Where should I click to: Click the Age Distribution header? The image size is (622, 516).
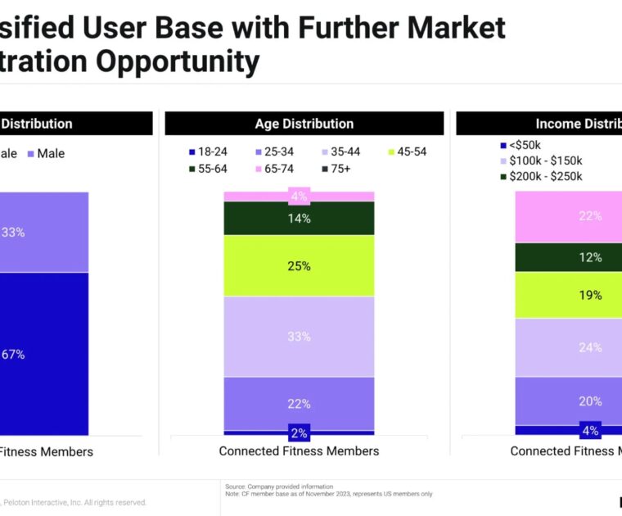pyautogui.click(x=304, y=124)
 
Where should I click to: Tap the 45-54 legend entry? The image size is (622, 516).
pyautogui.click(x=405, y=152)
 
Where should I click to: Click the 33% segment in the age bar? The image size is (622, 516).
pyautogui.click(x=299, y=336)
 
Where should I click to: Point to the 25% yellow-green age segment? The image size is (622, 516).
pyautogui.click(x=299, y=265)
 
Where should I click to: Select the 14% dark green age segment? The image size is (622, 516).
pyautogui.click(x=299, y=218)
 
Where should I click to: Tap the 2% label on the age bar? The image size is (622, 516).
pyautogui.click(x=299, y=432)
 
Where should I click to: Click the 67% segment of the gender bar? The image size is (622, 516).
pyautogui.click(x=41, y=354)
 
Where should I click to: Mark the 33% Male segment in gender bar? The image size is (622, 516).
pyautogui.click(x=41, y=232)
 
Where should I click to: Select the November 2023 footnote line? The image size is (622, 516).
pyautogui.click(x=329, y=494)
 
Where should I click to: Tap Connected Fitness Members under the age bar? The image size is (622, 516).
pyautogui.click(x=299, y=451)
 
